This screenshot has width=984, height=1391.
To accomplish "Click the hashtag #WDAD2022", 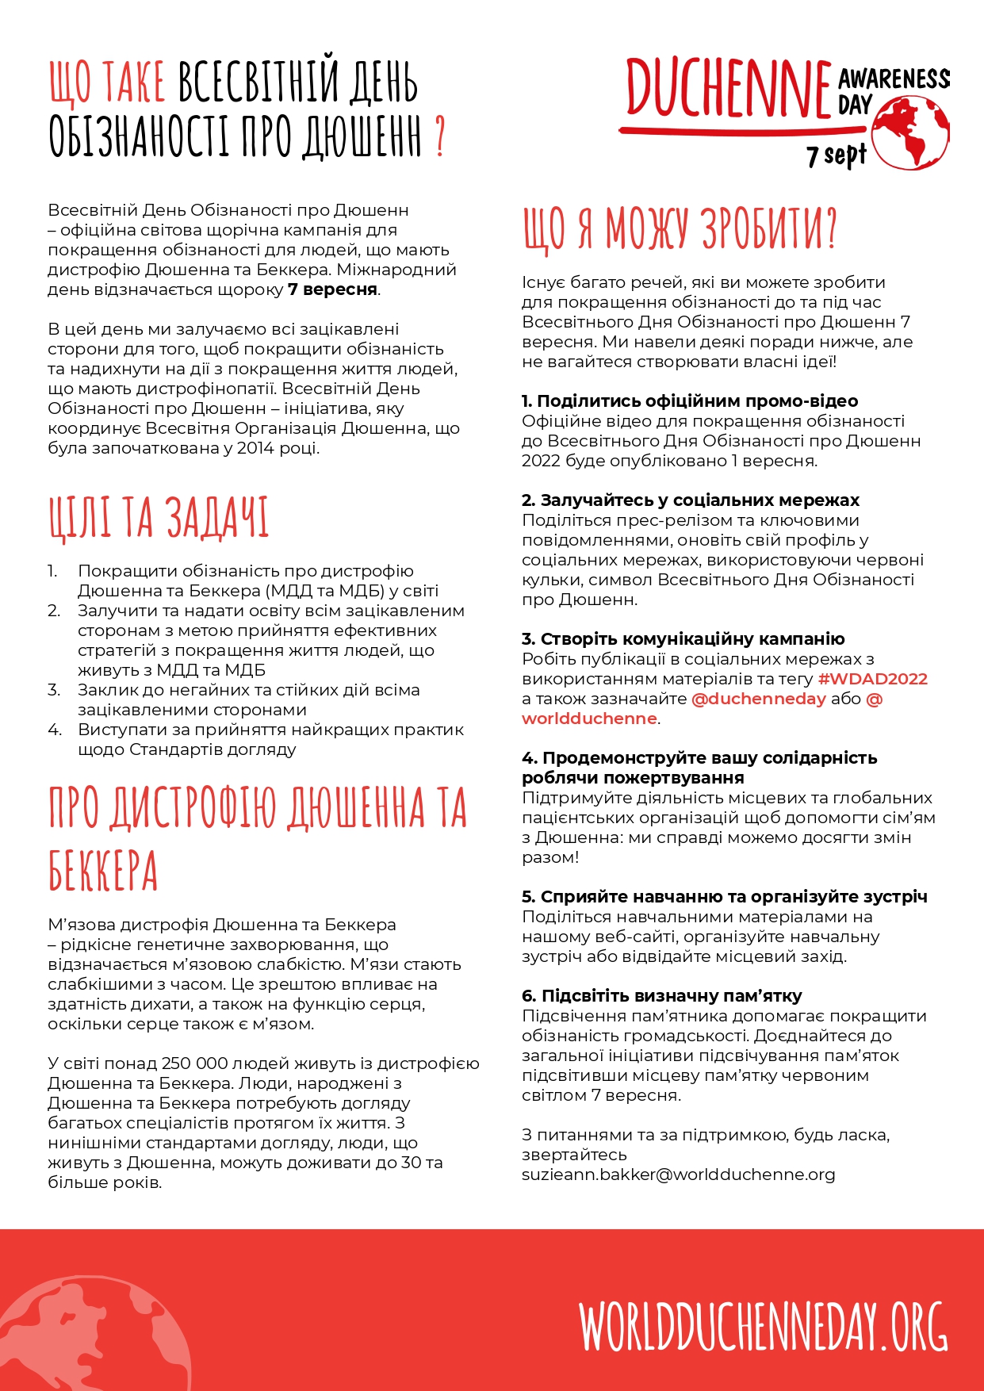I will coord(872,679).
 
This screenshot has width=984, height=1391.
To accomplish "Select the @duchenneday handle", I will coord(759,699).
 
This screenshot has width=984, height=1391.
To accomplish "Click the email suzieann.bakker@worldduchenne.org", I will coord(678,1174).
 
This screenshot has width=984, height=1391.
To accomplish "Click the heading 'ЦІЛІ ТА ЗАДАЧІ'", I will coord(159,518).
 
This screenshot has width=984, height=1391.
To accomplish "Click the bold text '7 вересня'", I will coord(332,289).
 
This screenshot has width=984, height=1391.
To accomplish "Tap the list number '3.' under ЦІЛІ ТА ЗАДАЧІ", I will coord(54,690).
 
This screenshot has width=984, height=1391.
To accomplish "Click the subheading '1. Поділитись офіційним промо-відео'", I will coord(690,401).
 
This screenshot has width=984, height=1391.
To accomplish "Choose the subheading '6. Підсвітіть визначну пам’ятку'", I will coord(662,996).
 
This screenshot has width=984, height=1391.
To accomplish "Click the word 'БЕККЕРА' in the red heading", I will coord(103,871).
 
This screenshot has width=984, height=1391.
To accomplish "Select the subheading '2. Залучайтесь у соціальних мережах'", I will coord(691,500).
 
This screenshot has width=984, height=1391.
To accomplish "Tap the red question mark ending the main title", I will coord(440,137).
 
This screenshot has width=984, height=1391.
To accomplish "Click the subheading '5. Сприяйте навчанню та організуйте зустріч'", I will coord(724,897).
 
